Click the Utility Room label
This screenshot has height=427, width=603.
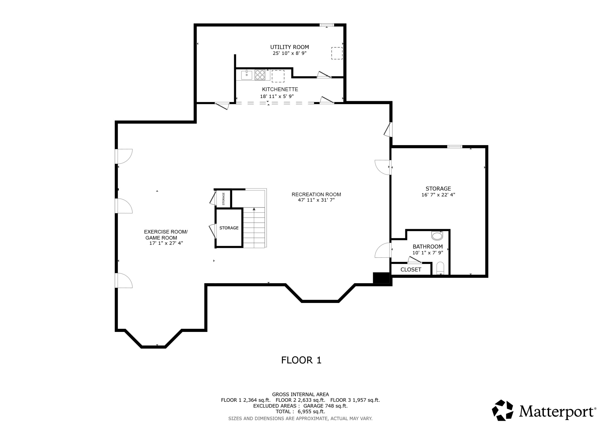[x=289, y=47]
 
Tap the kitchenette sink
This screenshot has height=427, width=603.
[x=247, y=75]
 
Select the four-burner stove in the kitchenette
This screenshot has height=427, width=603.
[x=260, y=75]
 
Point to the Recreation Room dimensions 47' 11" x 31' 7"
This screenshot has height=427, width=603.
[x=316, y=200]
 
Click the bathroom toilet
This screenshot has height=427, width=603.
[x=440, y=268]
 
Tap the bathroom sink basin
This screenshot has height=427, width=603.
[x=437, y=236]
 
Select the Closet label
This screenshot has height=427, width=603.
[x=411, y=270]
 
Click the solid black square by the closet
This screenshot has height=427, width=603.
[x=381, y=278]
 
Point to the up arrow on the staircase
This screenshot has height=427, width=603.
[x=254, y=209]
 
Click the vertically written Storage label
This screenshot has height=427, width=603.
[x=224, y=199]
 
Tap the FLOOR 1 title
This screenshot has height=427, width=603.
[x=301, y=360]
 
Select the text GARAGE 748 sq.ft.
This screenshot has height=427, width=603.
[x=325, y=406]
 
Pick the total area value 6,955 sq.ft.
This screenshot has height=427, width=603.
[x=311, y=412]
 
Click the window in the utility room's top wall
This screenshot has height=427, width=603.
[x=327, y=25]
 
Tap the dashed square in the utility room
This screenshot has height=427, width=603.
[x=337, y=53]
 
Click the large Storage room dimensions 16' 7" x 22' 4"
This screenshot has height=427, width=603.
[x=438, y=195]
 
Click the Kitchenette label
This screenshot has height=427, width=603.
[x=280, y=89]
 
